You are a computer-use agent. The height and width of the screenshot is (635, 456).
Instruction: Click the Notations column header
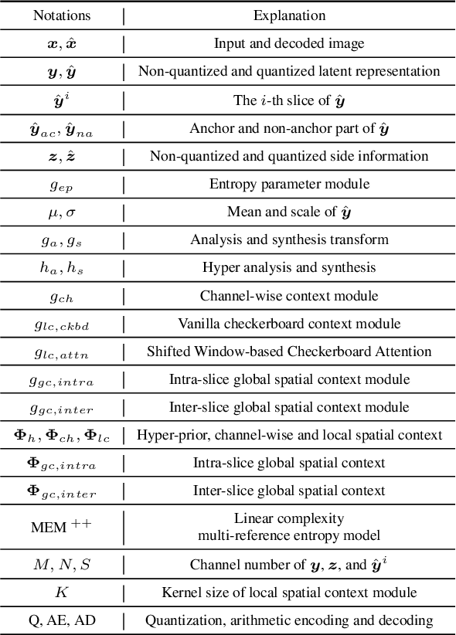61,15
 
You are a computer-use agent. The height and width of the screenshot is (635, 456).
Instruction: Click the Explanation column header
289,15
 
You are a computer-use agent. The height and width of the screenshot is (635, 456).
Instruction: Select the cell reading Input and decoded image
289,44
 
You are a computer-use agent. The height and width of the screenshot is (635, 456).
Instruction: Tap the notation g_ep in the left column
61,185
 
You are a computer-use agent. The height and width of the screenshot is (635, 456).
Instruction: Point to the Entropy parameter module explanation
289,184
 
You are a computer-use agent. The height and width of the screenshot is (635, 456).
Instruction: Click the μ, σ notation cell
61,212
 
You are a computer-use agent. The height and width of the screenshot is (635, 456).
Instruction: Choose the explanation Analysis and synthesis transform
289,239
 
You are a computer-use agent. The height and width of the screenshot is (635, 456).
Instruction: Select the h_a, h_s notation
61,268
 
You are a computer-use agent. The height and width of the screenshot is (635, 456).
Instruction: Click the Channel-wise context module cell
289,295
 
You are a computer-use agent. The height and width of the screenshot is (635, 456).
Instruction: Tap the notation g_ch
61,297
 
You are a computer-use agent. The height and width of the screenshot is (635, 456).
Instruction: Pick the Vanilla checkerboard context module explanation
289,323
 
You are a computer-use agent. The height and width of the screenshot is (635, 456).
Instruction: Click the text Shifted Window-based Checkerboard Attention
289,351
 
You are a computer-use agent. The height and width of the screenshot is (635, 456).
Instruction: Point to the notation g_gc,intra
61,380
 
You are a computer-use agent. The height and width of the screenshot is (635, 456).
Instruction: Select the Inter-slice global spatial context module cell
289,407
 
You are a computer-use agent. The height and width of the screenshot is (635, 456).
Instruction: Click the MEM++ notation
61,527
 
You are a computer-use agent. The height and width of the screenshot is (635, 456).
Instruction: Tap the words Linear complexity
289,518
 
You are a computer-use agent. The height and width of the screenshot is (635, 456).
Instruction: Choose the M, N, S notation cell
61,564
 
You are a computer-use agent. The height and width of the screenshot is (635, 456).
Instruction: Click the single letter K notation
61,593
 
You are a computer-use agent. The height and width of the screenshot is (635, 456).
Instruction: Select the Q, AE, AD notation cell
61,620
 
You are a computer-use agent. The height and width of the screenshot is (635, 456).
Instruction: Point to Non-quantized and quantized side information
289,156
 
